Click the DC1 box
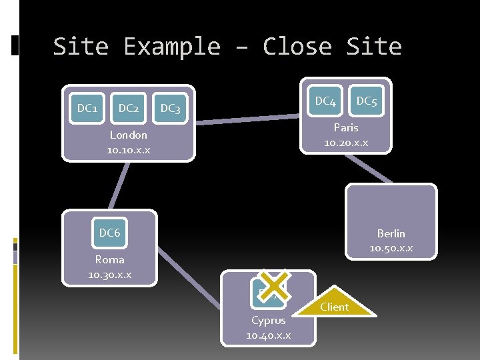(x=87, y=108)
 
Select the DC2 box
(x=128, y=108)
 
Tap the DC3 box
(x=171, y=108)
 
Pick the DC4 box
(x=325, y=101)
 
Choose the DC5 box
(x=366, y=101)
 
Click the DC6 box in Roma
(x=109, y=233)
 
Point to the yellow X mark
(x=273, y=285)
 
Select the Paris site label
(x=345, y=127)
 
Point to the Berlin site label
(x=391, y=233)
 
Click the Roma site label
(x=109, y=260)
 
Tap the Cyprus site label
(x=268, y=321)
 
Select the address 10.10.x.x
(x=128, y=150)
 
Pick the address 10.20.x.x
(x=345, y=143)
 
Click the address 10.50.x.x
(x=391, y=248)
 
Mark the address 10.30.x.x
(x=109, y=275)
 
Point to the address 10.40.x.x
(x=268, y=335)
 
